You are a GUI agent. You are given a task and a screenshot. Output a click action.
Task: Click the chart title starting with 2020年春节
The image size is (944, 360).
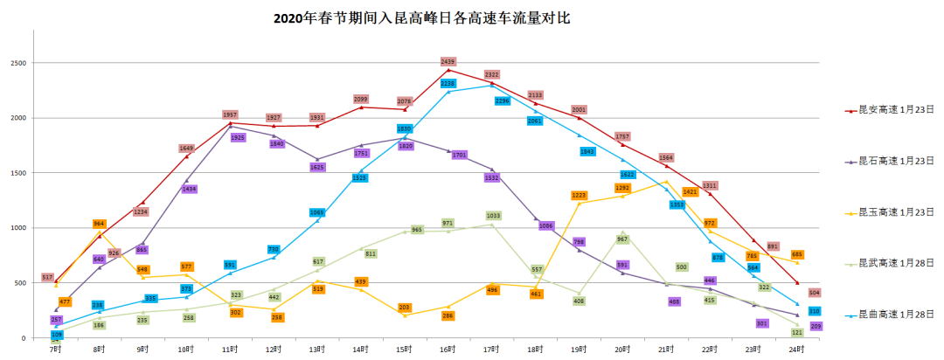(427, 17)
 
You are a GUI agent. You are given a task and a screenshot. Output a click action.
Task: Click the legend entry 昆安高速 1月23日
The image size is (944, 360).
(896, 111)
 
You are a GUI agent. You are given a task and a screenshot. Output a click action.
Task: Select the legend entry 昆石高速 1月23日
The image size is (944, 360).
(896, 161)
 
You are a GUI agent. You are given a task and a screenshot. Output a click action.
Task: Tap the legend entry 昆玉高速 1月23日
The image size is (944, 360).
(896, 211)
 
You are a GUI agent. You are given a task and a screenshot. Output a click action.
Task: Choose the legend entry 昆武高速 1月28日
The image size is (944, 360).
(896, 262)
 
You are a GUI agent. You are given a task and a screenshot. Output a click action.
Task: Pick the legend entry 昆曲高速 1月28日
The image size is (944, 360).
(896, 313)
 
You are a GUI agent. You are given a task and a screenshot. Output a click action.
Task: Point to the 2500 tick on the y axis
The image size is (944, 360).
(17, 63)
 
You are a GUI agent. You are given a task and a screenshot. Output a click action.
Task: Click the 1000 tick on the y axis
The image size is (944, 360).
(17, 228)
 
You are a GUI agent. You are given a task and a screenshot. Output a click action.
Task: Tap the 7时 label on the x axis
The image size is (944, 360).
(56, 349)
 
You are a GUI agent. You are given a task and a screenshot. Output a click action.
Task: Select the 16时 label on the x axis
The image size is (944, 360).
(448, 349)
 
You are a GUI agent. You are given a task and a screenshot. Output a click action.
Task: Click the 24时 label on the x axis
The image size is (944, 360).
(796, 349)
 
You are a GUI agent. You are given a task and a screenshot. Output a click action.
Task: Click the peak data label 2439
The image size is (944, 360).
(448, 61)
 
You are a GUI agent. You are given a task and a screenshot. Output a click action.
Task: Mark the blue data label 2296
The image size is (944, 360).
(502, 101)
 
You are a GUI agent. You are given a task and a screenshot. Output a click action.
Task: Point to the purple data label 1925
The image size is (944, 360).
(239, 138)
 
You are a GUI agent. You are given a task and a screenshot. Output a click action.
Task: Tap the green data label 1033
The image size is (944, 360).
(493, 215)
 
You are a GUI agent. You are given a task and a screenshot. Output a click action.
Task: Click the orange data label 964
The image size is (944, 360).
(99, 224)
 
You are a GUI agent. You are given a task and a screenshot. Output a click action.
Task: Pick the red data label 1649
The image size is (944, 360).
(187, 149)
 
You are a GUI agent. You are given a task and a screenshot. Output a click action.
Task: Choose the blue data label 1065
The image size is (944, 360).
(316, 212)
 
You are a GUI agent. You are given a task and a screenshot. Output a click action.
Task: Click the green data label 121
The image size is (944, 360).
(797, 333)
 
